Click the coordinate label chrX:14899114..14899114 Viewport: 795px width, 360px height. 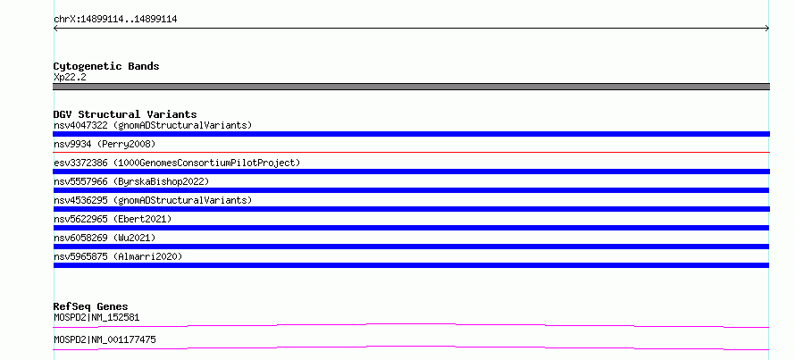click(x=115, y=20)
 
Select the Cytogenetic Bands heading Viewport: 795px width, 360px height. click(x=106, y=66)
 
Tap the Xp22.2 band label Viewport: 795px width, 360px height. click(x=70, y=77)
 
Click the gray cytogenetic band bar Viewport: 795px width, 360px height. click(x=411, y=87)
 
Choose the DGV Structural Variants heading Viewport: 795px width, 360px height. click(x=125, y=114)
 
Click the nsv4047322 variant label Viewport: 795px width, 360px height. click(x=153, y=125)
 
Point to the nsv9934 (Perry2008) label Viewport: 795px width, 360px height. click(x=105, y=144)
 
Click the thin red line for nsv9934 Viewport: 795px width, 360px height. click(x=411, y=152)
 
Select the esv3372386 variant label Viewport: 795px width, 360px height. click(x=177, y=163)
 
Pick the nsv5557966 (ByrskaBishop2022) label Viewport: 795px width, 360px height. click(x=130, y=181)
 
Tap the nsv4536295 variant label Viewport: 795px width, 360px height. click(x=153, y=200)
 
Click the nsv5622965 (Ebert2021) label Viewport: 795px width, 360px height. click(x=113, y=219)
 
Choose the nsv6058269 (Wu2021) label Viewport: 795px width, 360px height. click(x=105, y=238)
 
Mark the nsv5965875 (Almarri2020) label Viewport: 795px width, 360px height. click(x=118, y=256)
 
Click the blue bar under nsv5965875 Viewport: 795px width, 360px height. click(x=411, y=265)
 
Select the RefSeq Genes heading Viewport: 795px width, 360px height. click(x=90, y=306)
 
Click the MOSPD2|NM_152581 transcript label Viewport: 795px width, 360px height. click(x=96, y=317)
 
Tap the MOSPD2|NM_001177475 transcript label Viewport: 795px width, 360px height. click(x=105, y=339)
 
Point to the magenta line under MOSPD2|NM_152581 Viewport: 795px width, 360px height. click(x=411, y=325)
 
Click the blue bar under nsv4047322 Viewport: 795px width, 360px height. click(x=411, y=134)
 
